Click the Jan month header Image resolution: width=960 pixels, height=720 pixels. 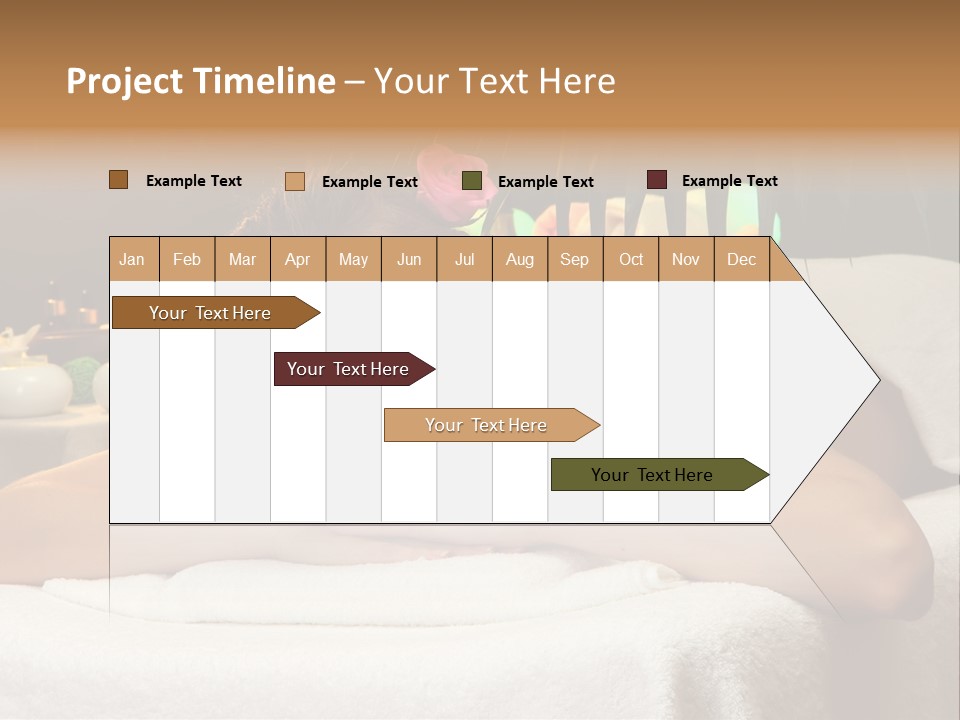tap(132, 259)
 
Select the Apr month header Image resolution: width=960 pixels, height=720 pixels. tap(297, 259)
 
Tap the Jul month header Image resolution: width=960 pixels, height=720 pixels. tap(464, 259)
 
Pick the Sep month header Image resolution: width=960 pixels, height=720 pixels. tap(574, 259)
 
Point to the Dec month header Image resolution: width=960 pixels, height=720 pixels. tap(741, 259)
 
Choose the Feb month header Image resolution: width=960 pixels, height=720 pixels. tap(187, 259)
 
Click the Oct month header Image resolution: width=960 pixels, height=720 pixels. tap(631, 259)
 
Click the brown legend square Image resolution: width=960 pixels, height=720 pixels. tap(118, 180)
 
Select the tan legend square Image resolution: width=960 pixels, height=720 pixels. tap(294, 181)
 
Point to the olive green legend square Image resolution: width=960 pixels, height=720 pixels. tap(472, 181)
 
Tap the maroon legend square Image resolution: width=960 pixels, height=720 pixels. tap(657, 180)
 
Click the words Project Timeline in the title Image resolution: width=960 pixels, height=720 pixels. tap(200, 81)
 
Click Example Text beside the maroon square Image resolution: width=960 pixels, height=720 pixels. tap(729, 181)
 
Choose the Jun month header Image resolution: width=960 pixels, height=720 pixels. tap(409, 259)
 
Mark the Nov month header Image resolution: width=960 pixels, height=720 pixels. tap(686, 259)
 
